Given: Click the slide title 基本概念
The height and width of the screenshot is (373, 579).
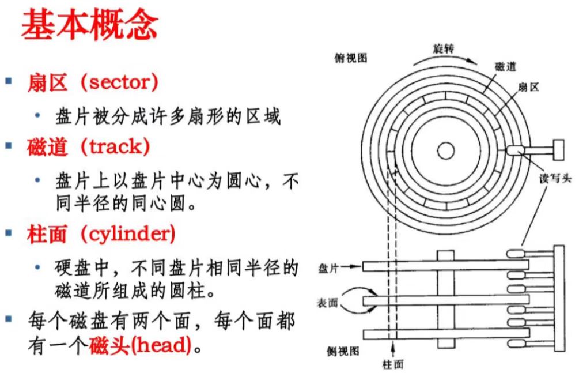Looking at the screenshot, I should tap(89, 26).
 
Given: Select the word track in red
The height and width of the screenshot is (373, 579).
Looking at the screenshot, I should tap(115, 146).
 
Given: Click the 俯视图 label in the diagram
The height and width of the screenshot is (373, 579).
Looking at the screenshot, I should tap(350, 58).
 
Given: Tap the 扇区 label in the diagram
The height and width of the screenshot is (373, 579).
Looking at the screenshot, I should tap(528, 88).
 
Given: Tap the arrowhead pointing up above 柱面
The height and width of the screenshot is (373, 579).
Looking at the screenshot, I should tap(393, 348).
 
